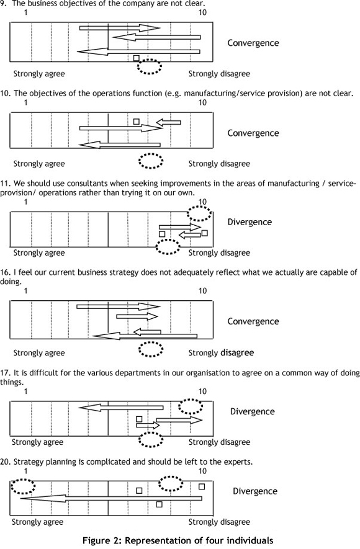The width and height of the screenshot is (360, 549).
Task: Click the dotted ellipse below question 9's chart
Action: (x=150, y=60)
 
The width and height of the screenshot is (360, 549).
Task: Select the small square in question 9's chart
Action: (x=137, y=58)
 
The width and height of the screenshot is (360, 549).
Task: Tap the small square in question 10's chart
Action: (x=137, y=122)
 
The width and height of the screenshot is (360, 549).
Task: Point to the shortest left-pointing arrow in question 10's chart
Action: (x=168, y=122)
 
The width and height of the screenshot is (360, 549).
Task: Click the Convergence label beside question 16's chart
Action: (x=253, y=321)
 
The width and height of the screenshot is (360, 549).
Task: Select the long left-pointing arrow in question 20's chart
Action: (x=111, y=498)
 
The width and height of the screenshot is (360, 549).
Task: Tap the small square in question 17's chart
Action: (x=139, y=419)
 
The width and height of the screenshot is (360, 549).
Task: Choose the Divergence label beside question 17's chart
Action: (x=252, y=411)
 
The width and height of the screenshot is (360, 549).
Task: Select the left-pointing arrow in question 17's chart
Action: (x=121, y=408)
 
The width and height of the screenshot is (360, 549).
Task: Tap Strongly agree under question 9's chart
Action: (x=39, y=74)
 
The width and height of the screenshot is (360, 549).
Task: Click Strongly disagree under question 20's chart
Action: (x=219, y=522)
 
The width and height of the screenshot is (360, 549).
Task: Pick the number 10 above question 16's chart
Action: (x=202, y=291)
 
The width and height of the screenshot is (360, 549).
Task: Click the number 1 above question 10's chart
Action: (x=25, y=102)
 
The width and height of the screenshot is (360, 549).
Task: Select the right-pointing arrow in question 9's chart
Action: (x=120, y=28)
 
